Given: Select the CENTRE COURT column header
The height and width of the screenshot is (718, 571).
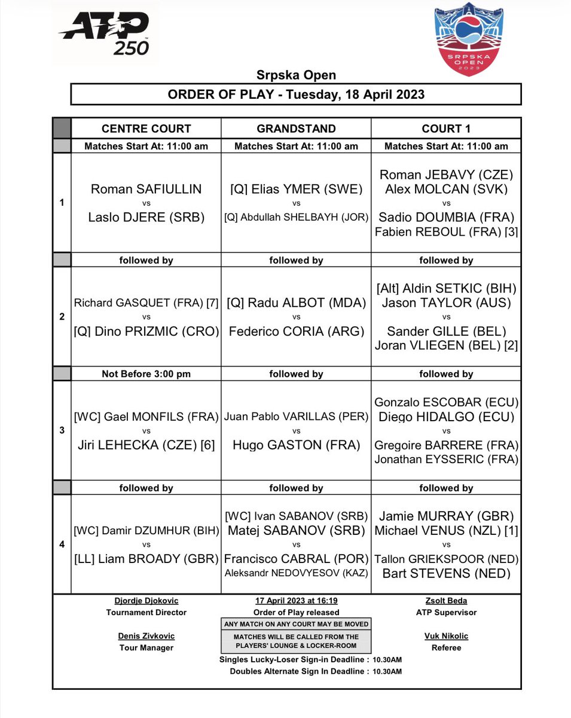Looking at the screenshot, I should pyautogui.click(x=146, y=128).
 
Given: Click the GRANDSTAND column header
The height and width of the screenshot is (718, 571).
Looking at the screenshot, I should pyautogui.click(x=296, y=128).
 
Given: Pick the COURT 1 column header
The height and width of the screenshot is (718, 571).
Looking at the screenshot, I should pyautogui.click(x=446, y=128).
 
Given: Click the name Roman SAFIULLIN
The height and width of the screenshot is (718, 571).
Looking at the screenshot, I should pyautogui.click(x=146, y=189).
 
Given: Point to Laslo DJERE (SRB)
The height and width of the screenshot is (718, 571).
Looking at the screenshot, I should pyautogui.click(x=146, y=218).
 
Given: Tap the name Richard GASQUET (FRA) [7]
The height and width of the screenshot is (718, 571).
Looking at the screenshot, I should pyautogui.click(x=146, y=303).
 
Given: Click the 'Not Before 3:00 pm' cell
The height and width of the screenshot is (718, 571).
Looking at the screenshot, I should pyautogui.click(x=146, y=374).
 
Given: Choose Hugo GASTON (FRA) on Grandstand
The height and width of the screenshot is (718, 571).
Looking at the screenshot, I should pyautogui.click(x=296, y=445).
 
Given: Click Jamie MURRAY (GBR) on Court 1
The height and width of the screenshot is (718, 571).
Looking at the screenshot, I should pyautogui.click(x=446, y=516).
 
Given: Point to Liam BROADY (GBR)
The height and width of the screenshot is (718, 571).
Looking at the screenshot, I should pyautogui.click(x=146, y=559).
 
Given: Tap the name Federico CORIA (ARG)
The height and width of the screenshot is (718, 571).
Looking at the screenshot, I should pyautogui.click(x=296, y=331).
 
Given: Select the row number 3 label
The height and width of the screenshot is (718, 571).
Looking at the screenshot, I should pyautogui.click(x=62, y=430).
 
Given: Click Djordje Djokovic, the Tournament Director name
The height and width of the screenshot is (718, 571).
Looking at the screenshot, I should pyautogui.click(x=146, y=601).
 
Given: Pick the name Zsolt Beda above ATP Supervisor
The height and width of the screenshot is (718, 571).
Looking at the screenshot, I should pyautogui.click(x=446, y=601).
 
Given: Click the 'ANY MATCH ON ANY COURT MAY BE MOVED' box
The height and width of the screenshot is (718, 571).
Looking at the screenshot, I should pyautogui.click(x=296, y=624).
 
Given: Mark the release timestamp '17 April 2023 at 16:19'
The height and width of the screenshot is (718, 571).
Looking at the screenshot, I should pyautogui.click(x=296, y=601).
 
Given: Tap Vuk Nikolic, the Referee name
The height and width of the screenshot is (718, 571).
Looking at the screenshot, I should pyautogui.click(x=446, y=636).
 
